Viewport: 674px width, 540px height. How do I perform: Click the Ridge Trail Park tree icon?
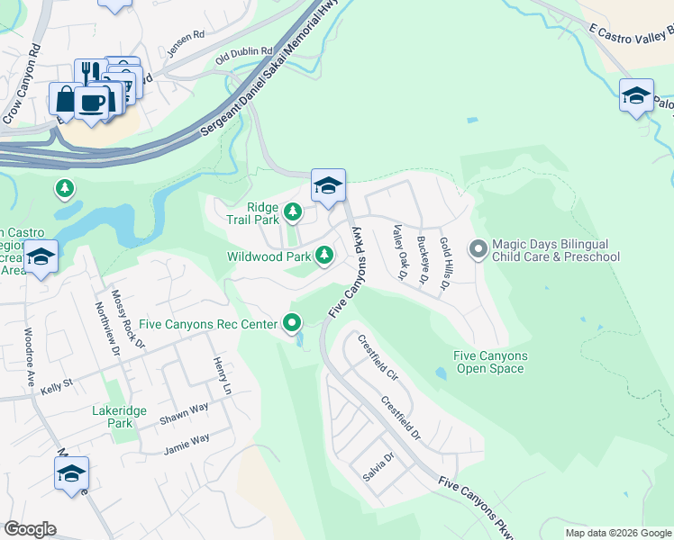[x=293, y=212]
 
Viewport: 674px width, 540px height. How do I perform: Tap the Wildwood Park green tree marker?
[x=325, y=257]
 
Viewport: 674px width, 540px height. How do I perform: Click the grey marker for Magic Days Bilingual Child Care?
[x=478, y=247]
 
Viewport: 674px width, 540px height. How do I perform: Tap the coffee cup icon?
[x=92, y=101]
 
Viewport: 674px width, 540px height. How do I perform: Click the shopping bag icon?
[x=66, y=97]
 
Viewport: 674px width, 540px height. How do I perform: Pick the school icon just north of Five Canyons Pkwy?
[x=328, y=186]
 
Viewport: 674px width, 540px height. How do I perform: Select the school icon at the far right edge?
[x=636, y=96]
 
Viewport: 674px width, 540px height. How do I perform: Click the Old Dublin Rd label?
[x=243, y=56]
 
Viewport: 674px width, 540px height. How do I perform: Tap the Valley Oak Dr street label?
[x=397, y=254]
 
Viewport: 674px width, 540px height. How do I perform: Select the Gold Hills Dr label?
[x=443, y=265]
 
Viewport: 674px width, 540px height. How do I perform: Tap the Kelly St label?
[x=56, y=388]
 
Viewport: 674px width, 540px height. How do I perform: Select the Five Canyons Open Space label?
[x=490, y=362]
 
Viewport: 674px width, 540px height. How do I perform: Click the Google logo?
[x=30, y=529]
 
